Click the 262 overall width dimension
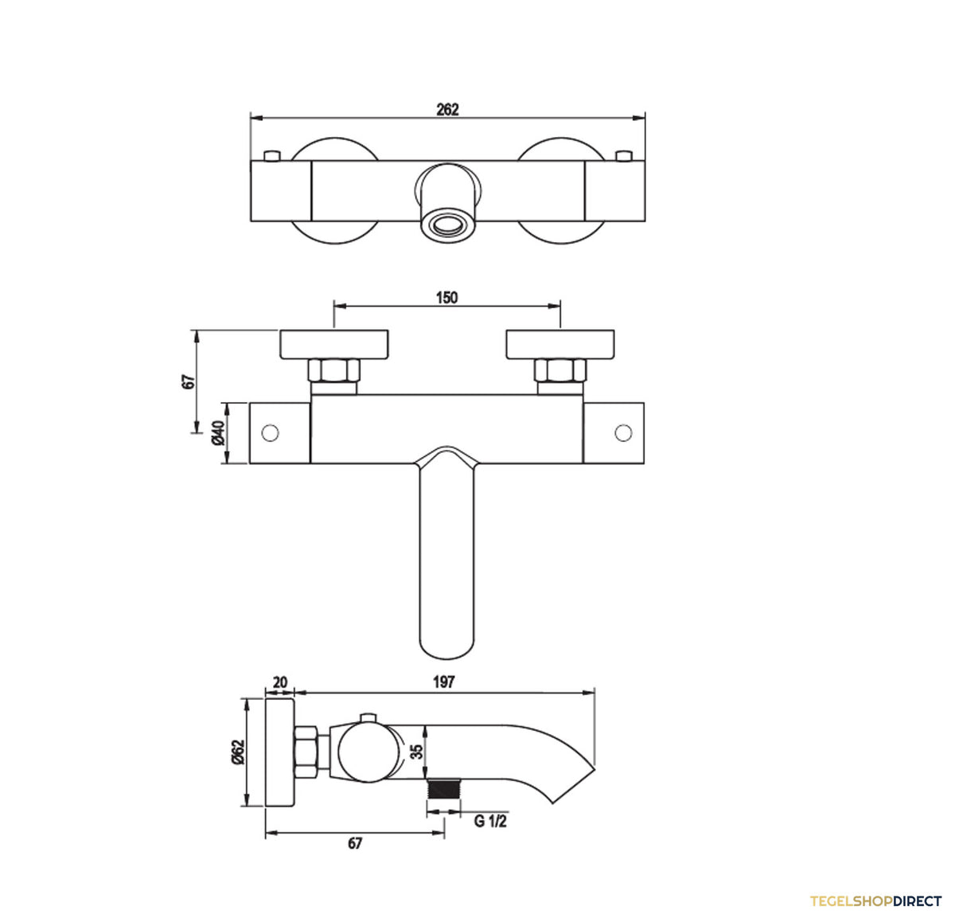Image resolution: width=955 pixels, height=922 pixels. pyautogui.click(x=447, y=110)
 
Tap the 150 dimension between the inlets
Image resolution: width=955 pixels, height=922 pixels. pyautogui.click(x=446, y=298)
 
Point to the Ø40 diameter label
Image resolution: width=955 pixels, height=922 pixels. pyautogui.click(x=218, y=433)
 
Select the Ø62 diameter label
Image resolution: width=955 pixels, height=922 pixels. pyautogui.click(x=237, y=752)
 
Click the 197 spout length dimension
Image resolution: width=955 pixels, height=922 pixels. pyautogui.click(x=443, y=682)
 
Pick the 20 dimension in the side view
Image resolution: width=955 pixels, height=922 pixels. pyautogui.click(x=279, y=682)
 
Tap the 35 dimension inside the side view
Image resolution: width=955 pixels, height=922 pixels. pyautogui.click(x=417, y=752)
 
